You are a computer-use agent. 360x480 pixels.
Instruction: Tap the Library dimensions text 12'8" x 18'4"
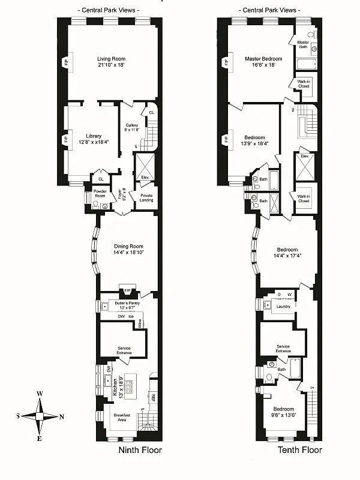(93, 142)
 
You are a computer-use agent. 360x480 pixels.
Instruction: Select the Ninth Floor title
(140, 450)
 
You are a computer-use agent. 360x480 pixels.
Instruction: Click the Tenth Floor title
(299, 450)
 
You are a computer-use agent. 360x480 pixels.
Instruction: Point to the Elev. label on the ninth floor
(145, 177)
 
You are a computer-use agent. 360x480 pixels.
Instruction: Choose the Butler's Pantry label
(127, 304)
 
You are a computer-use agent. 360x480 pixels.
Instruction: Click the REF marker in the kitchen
(153, 398)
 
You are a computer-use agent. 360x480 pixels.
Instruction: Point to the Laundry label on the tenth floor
(283, 307)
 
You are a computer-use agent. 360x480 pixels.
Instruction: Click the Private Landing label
(146, 198)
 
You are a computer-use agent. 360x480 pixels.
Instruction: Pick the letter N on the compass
(61, 416)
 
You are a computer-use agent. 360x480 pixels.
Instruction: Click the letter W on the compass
(40, 394)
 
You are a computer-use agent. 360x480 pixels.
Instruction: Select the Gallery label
(132, 125)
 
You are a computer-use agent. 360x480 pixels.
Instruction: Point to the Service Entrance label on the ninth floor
(124, 350)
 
